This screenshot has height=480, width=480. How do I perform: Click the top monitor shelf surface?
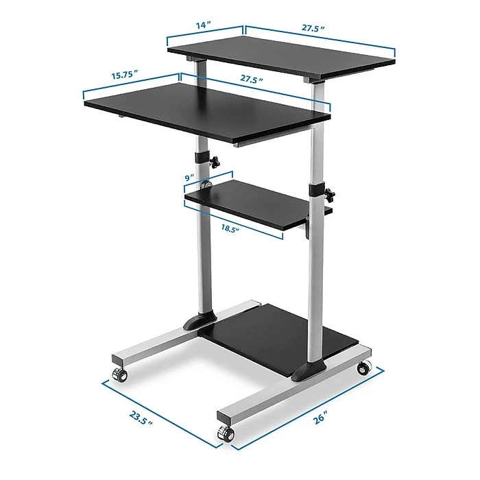281,56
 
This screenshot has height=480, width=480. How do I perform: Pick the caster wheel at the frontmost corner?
224,432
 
